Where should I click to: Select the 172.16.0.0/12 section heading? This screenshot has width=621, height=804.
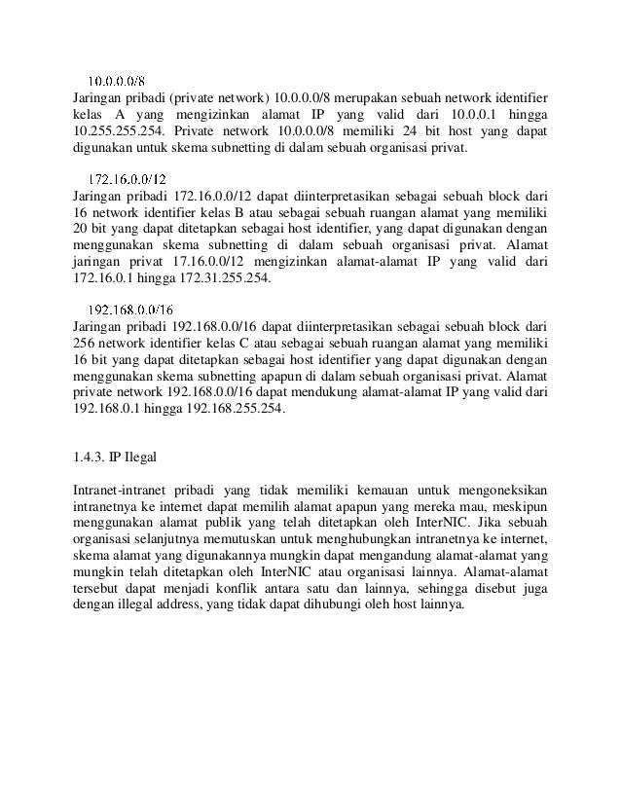pos(127,179)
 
